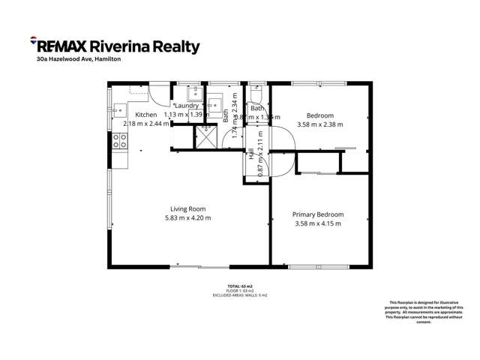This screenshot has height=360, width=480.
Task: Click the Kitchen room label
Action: coord(145,114)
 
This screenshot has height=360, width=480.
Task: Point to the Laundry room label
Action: coord(186,106)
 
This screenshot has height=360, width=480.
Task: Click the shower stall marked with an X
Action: coord(205,137)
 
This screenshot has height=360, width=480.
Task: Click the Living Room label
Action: coord(188,208)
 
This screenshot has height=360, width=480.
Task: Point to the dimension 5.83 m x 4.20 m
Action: coord(188,218)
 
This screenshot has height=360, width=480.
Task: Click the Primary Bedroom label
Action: coord(318,214)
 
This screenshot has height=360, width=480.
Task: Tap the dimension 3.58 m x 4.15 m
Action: coord(318,223)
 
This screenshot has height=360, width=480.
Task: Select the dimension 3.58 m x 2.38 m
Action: coord(319,124)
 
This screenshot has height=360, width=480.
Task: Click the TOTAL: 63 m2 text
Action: coord(240,286)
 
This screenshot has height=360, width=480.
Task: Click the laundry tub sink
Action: coord(191,93)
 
